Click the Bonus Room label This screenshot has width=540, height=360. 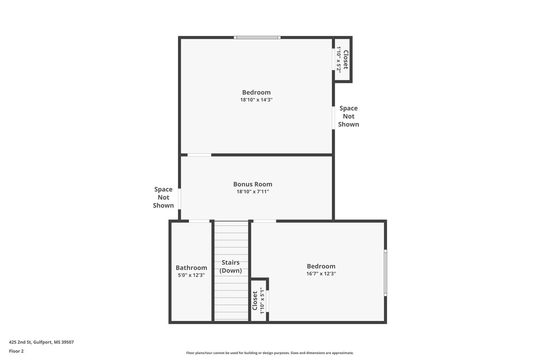(x=253, y=184)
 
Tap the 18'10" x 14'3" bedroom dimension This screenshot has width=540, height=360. (x=256, y=100)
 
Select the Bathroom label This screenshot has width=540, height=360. (x=191, y=268)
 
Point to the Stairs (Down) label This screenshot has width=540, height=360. (x=231, y=266)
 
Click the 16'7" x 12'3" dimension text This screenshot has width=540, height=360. (x=321, y=274)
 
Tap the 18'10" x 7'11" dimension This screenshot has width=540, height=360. (x=253, y=192)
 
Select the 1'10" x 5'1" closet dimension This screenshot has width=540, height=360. (x=262, y=301)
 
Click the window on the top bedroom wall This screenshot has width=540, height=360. (x=257, y=37)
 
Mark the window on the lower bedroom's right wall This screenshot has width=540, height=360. (x=385, y=273)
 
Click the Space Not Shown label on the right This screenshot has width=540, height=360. (x=349, y=116)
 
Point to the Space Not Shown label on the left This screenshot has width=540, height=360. (x=163, y=197)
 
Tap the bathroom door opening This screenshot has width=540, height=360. (x=199, y=221)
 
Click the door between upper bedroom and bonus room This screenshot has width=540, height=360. (x=199, y=155)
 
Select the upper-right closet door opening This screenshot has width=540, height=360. (x=333, y=59)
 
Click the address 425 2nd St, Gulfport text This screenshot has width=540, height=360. (x=41, y=342)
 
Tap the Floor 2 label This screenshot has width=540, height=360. (x=16, y=351)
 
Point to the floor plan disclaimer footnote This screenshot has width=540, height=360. (x=270, y=353)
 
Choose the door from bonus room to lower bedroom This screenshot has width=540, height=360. (x=265, y=221)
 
